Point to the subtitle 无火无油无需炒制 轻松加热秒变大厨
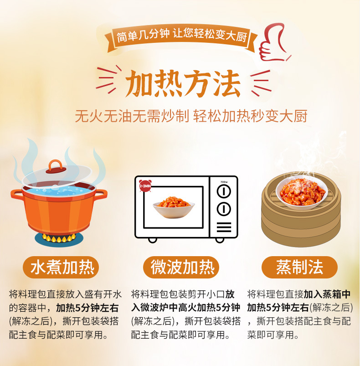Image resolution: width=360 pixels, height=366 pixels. coord(191,116)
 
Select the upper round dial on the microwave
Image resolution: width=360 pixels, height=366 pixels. coord(223,192)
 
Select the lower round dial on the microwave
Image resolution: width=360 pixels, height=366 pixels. coord(223,209)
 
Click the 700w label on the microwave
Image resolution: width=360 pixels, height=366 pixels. coord(223,181)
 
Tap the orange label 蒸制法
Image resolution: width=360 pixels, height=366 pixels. coord(299,268)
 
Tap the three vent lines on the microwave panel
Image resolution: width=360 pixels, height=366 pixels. coord(223,227)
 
